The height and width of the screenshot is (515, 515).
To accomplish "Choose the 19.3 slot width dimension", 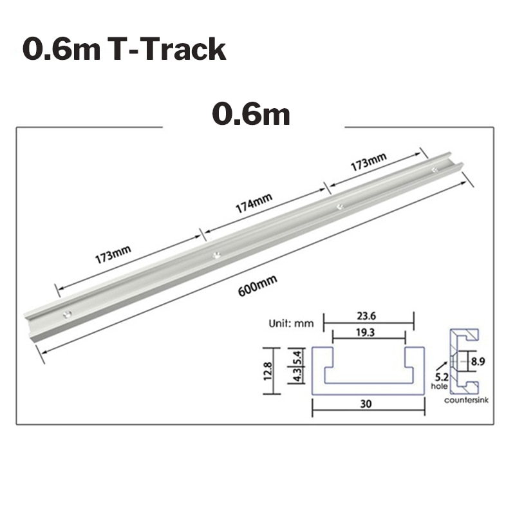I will (x=368, y=334).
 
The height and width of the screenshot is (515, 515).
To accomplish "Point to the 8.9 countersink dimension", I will (x=476, y=362).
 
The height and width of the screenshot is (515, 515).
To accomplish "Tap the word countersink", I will (x=467, y=400).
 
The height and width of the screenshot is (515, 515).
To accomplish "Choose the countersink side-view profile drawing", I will (x=464, y=361).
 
